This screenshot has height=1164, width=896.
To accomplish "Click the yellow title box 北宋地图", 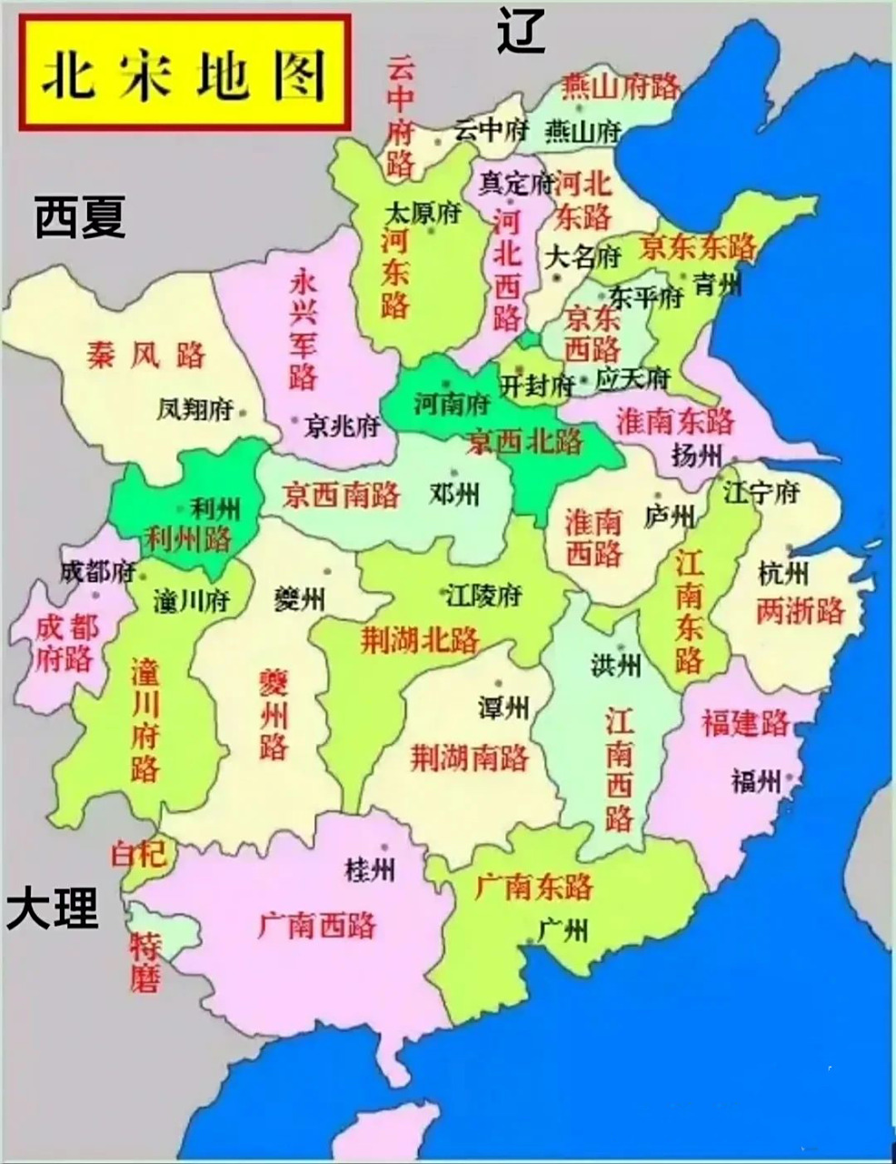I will tap(184, 74).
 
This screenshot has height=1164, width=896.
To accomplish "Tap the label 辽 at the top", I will tap(521, 31).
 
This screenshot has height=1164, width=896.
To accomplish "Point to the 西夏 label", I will tap(80, 218).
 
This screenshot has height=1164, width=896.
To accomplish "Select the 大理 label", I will tap(53, 908).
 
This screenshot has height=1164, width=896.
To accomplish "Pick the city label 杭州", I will tap(782, 573).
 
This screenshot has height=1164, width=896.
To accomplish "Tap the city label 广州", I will tap(563, 929).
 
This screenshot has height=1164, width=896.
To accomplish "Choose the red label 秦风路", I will tap(146, 354).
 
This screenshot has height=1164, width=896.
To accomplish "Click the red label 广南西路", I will tap(317, 926).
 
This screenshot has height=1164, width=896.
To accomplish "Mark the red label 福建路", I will tap(745, 723).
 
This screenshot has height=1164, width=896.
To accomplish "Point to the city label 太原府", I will tap(423, 214).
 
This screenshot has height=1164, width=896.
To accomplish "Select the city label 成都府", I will tap(98, 572).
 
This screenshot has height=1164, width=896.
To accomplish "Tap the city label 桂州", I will tap(370, 869).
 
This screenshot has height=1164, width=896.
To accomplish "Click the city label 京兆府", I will tap(342, 426).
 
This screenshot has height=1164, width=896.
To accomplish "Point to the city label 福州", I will tap(755, 780).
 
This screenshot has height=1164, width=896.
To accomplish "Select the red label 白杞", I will tap(139, 854).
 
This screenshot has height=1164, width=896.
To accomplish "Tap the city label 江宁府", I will tap(761, 493).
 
